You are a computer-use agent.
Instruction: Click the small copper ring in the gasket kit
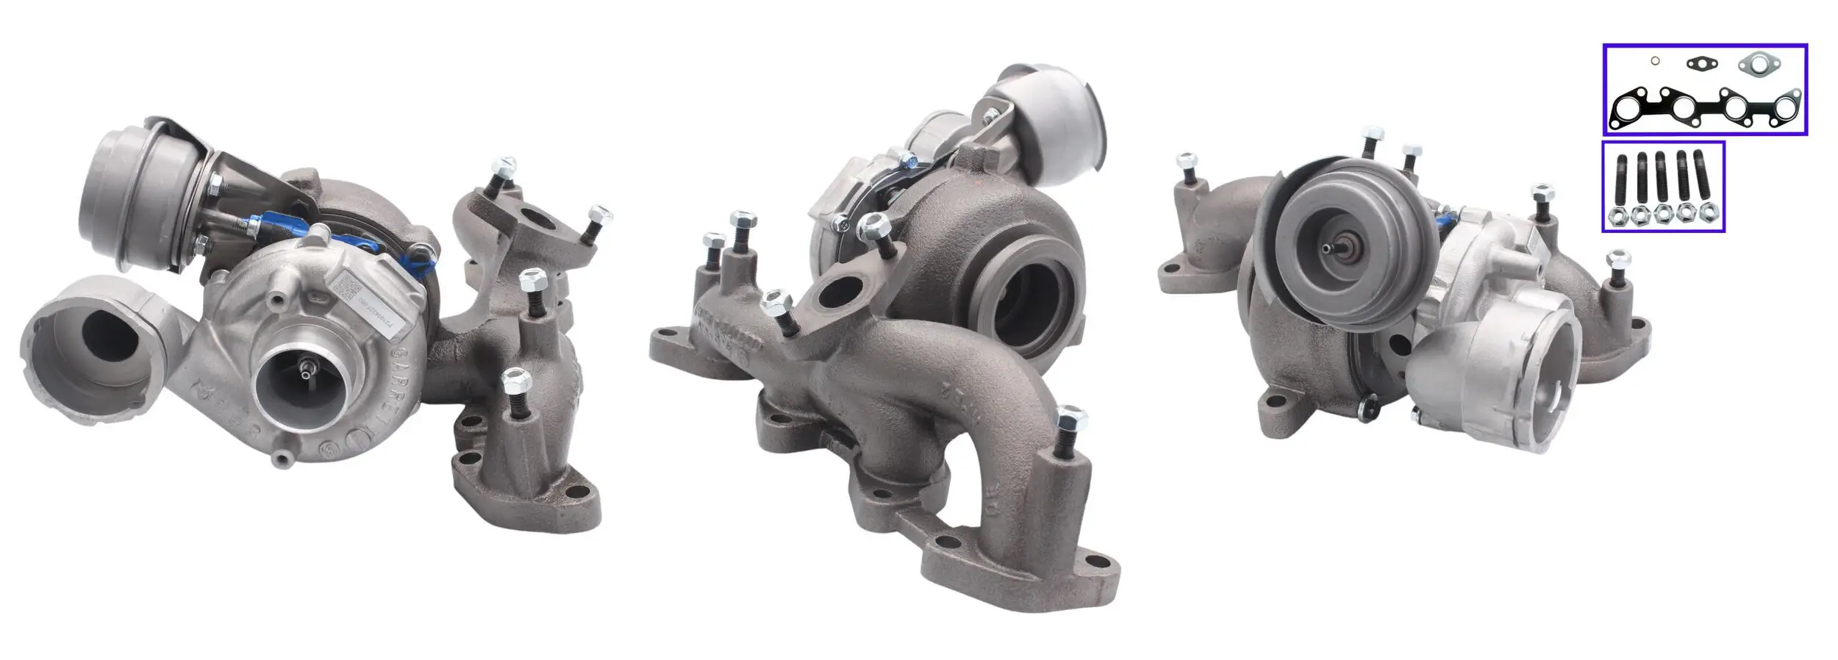pyautogui.click(x=1649, y=61)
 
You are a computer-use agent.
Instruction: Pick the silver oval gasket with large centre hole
pyautogui.click(x=1759, y=65)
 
